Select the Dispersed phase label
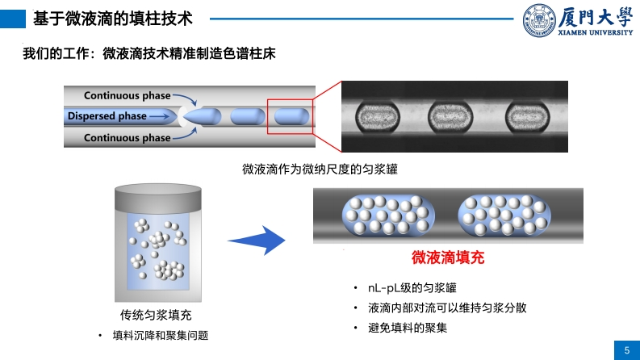tap(107, 116)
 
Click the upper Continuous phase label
tap(127, 94)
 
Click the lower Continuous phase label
tap(127, 138)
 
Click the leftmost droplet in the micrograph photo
tap(376, 116)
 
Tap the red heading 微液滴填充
tap(448, 258)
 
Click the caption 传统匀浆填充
tap(156, 315)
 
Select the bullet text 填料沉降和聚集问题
tap(160, 335)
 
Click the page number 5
tap(627, 350)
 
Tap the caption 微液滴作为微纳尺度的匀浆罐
tap(320, 170)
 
